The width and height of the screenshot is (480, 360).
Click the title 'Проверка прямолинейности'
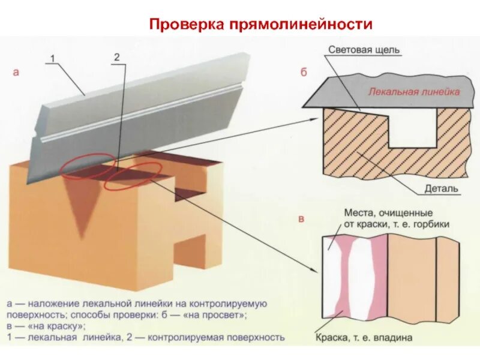(x=261, y=25)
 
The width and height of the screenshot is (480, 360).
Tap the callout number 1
(x=52, y=58)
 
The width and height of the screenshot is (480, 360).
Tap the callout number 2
(x=116, y=57)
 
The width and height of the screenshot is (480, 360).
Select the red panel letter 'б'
(x=304, y=73)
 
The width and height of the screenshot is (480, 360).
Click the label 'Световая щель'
(x=364, y=51)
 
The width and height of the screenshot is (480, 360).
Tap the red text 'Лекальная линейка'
(x=414, y=92)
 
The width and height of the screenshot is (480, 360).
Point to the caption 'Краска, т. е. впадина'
(x=364, y=338)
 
